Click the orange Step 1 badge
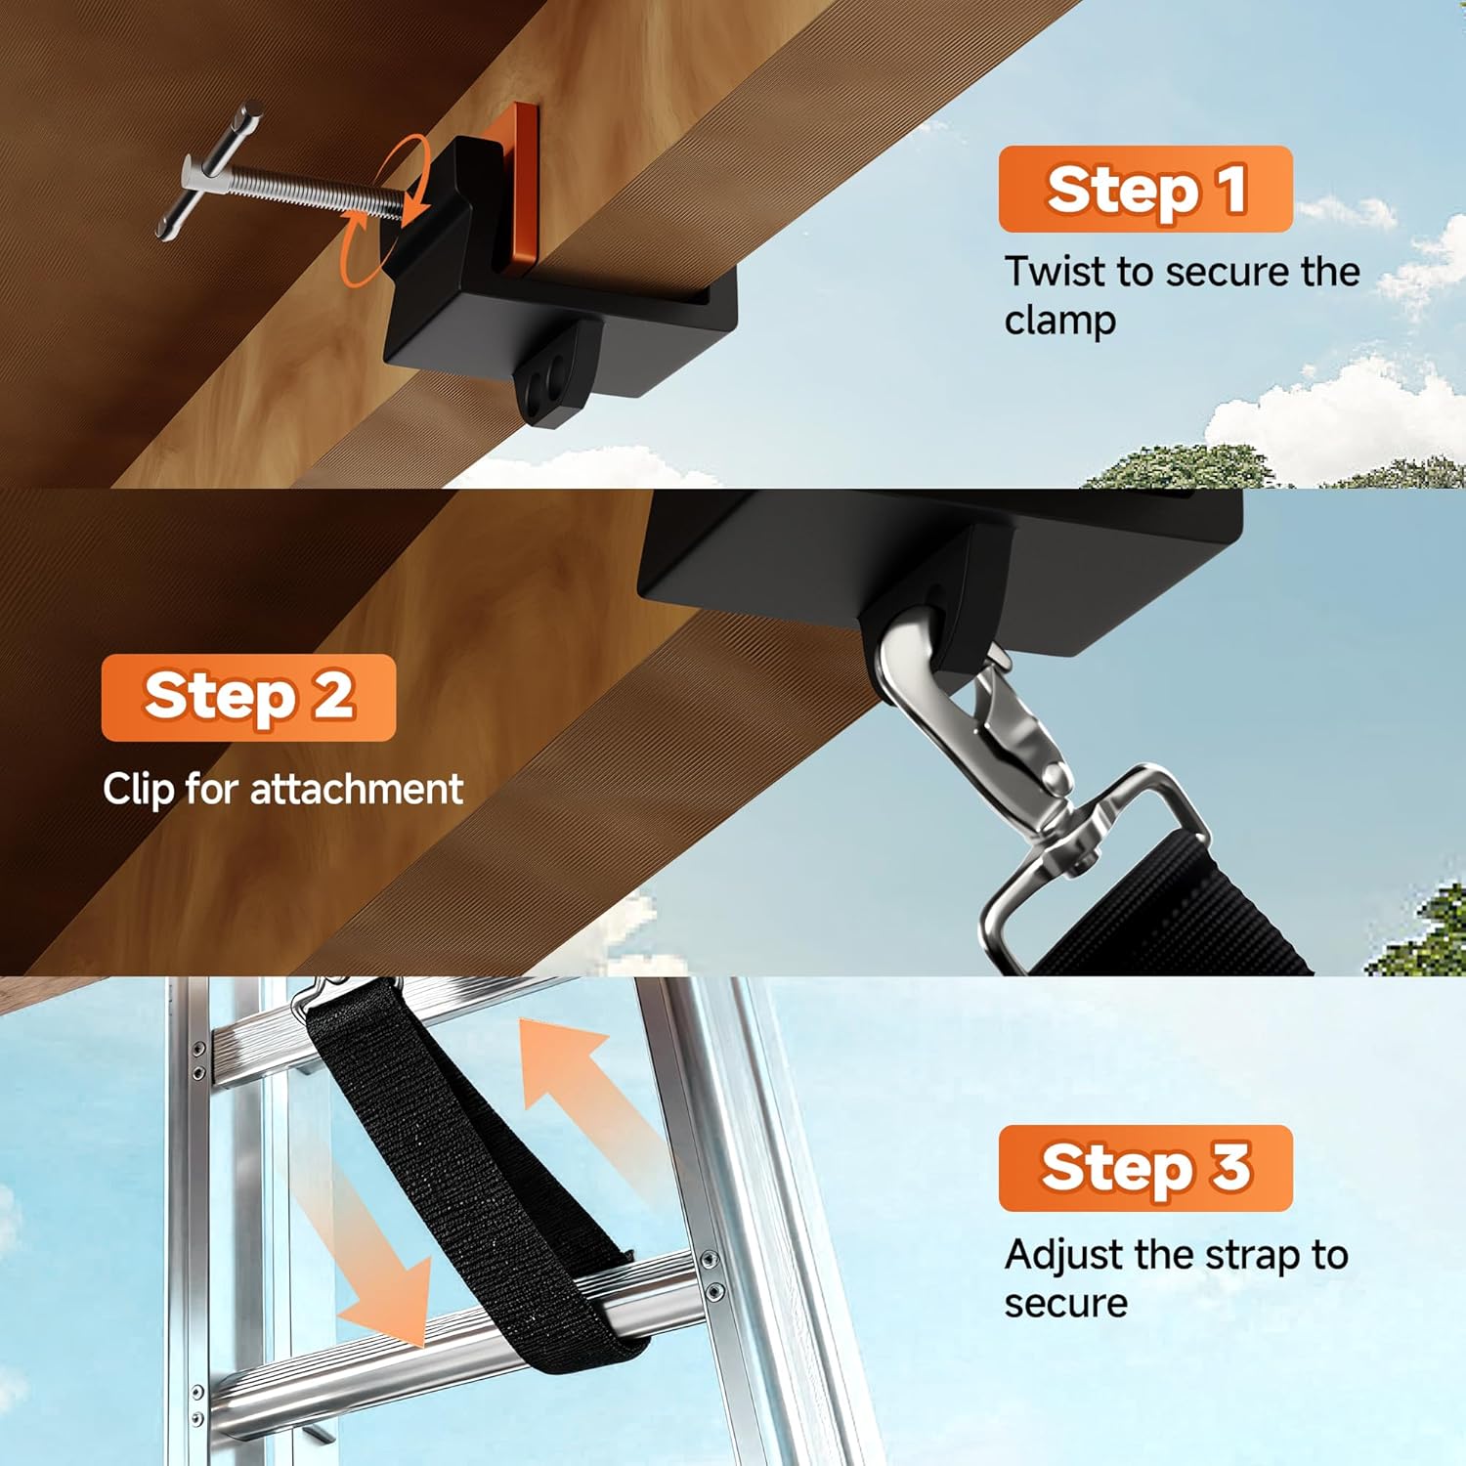pyautogui.click(x=1144, y=189)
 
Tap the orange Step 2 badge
pyautogui.click(x=248, y=697)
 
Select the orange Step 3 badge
pyautogui.click(x=1144, y=1168)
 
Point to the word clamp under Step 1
pyautogui.click(x=1059, y=321)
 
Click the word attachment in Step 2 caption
pyautogui.click(x=357, y=789)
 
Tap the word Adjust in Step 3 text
pyautogui.click(x=1065, y=1254)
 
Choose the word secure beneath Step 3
pyautogui.click(x=1065, y=1303)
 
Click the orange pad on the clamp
pyautogui.click(x=517, y=186)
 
